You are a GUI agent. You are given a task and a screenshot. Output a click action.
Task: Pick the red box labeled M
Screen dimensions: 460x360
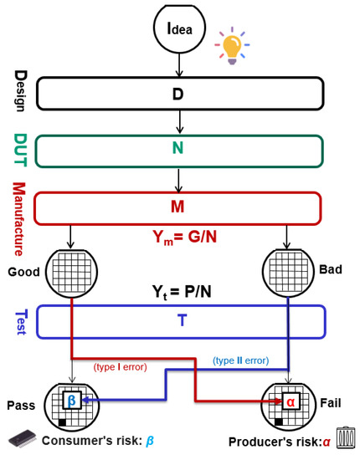tap(177, 206)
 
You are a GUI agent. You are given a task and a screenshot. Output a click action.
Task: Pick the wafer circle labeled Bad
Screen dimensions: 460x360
tap(288, 272)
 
